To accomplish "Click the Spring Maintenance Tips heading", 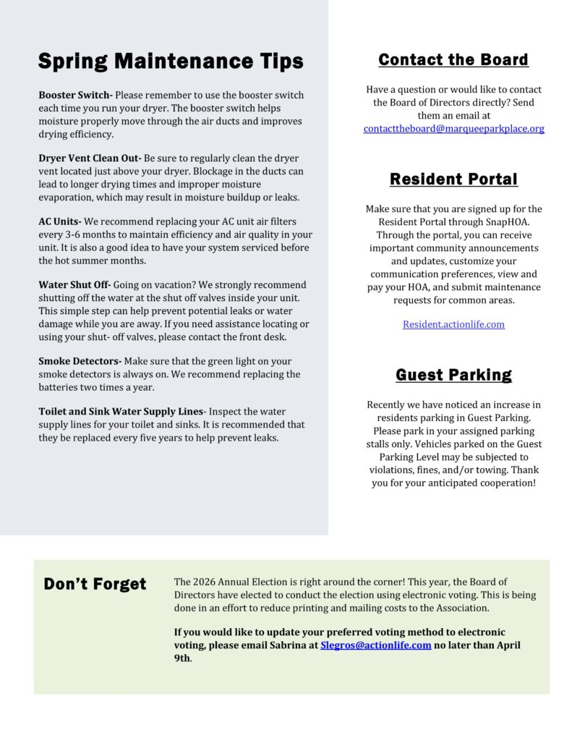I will [x=171, y=62].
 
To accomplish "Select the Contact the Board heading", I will [x=453, y=59].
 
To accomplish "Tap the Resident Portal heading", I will [x=453, y=179].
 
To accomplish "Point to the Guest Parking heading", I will [x=453, y=375].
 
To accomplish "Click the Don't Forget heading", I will [x=95, y=584].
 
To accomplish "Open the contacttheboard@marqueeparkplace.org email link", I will [x=453, y=128].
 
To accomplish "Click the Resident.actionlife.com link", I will [x=453, y=324].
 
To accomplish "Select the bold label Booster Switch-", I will [x=75, y=95].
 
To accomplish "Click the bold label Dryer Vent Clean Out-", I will [x=90, y=158].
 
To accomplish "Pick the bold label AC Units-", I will [x=60, y=221].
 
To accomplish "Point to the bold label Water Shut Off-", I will [x=74, y=284].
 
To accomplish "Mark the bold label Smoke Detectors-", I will [x=80, y=360].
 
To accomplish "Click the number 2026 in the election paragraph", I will [x=203, y=582].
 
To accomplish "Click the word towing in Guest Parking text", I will [x=498, y=470].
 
